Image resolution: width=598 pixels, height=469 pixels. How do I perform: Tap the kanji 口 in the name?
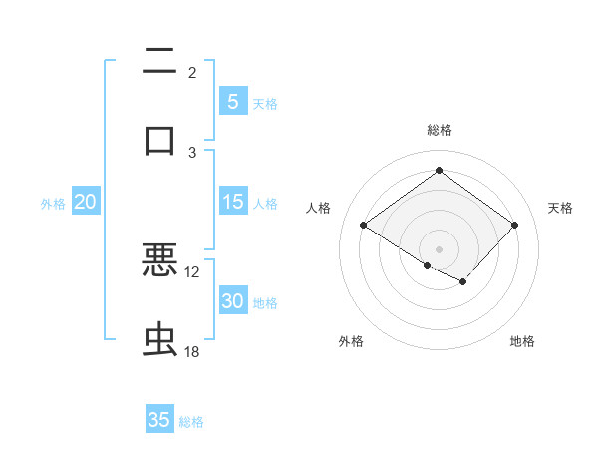[159, 139]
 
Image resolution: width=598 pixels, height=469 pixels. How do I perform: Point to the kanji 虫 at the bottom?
[159, 340]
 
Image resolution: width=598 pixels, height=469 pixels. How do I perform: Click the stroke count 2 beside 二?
[192, 72]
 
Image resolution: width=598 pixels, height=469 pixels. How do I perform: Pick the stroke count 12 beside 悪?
[192, 271]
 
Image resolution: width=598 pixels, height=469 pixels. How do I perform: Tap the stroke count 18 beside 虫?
[192, 352]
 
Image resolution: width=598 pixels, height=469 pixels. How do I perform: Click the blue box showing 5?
[232, 102]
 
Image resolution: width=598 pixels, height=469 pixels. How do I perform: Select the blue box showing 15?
[232, 202]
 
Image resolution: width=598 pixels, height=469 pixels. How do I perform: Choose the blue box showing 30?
[232, 301]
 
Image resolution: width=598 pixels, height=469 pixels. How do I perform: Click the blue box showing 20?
[86, 202]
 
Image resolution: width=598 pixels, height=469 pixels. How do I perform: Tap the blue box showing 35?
[159, 420]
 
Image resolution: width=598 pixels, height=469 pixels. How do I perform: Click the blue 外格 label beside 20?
[53, 204]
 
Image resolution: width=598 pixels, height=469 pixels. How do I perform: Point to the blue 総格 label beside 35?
[191, 422]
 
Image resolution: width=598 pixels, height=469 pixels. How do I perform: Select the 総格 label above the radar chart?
[439, 130]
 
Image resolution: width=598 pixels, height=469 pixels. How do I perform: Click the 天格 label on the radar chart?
[560, 208]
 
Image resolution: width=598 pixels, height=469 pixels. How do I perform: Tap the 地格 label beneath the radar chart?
[522, 341]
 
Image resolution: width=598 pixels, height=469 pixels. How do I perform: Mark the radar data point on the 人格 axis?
[363, 226]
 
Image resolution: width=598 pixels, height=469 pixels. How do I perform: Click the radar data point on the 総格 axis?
[439, 171]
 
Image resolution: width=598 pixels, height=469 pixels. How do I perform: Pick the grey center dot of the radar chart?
[439, 248]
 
